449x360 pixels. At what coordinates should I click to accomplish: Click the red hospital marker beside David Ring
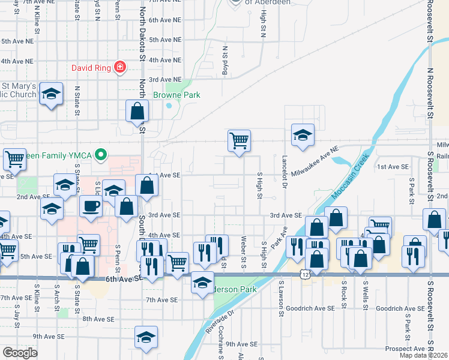(x=121, y=67)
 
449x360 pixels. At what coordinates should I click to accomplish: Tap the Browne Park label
(x=176, y=95)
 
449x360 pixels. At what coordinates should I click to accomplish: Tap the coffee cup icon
(x=90, y=205)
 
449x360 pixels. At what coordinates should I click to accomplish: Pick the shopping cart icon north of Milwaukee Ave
(x=239, y=140)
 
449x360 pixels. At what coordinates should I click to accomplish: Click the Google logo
(x=20, y=353)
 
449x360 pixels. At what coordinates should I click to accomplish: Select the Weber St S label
(x=244, y=252)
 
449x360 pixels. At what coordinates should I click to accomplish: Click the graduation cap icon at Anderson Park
(x=203, y=281)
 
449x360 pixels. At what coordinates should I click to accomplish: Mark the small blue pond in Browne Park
(x=169, y=106)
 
